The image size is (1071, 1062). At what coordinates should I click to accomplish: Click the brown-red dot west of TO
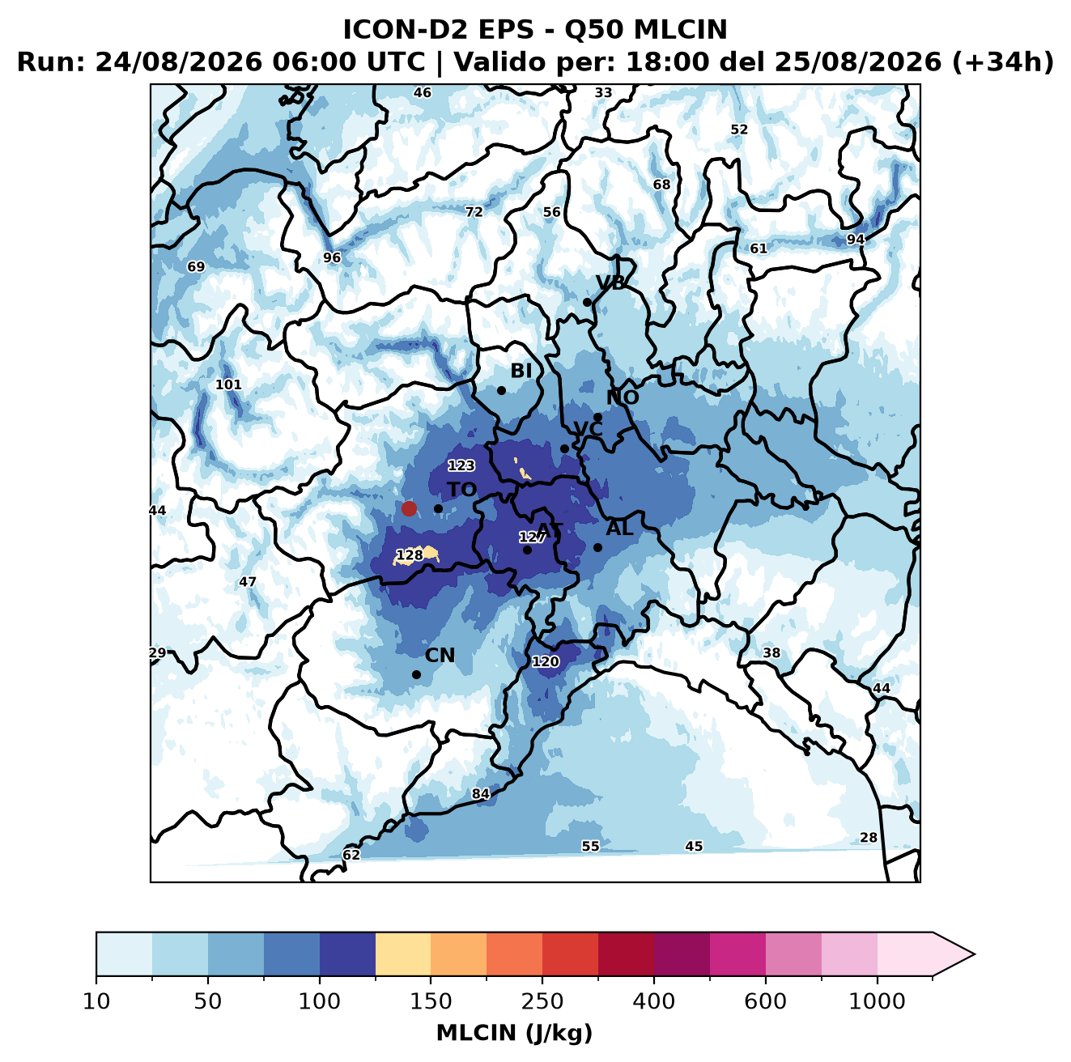[409, 508]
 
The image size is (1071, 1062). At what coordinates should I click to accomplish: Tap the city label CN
[440, 656]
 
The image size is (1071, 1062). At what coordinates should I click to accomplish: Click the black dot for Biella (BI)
[501, 390]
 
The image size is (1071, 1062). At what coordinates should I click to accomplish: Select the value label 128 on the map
[410, 555]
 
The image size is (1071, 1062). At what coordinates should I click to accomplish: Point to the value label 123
[461, 465]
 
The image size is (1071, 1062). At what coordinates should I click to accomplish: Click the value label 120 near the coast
[546, 661]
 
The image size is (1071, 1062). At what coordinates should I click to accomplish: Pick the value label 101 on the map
[228, 384]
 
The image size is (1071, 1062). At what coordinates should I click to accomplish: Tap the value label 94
[856, 240]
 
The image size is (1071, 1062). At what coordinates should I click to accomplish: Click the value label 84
[481, 793]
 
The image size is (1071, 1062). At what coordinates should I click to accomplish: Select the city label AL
[619, 528]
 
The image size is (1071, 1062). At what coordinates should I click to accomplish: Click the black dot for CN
[416, 674]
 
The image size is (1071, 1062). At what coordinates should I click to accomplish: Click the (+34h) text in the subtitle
[1003, 62]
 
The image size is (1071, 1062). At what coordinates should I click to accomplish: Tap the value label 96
[332, 258]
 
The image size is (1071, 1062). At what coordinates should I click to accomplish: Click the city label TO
[462, 490]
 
